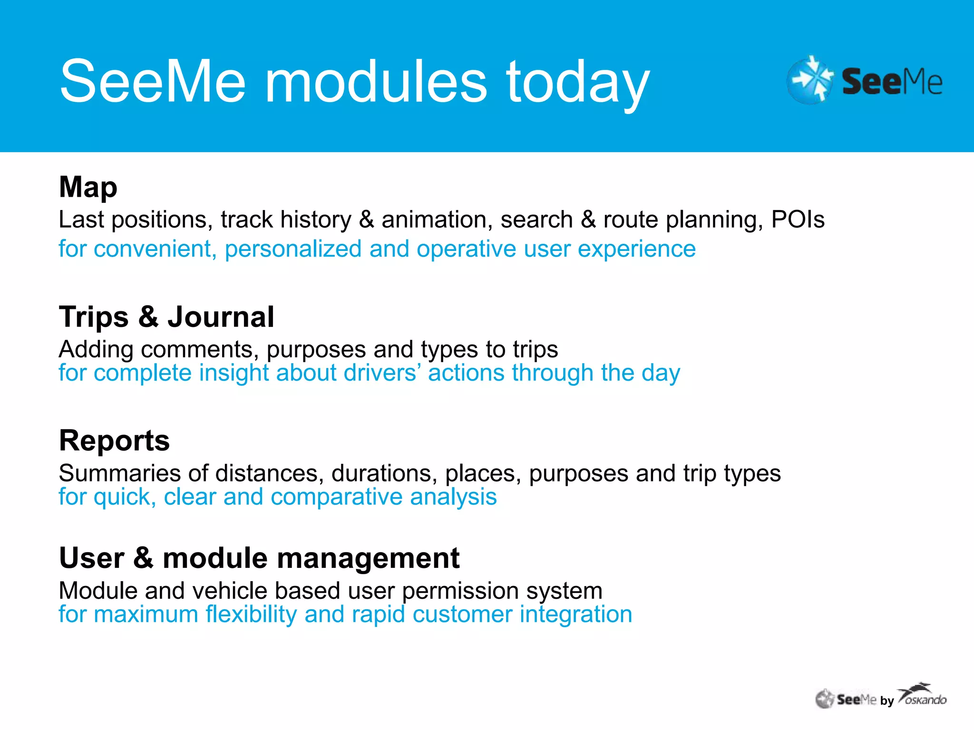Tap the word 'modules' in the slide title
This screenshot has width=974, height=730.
tap(376, 82)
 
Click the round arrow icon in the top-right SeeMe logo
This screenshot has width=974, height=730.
tap(810, 80)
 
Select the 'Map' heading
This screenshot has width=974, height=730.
tap(88, 187)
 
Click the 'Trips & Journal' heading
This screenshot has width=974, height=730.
tap(166, 317)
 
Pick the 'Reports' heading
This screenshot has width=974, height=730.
tap(114, 441)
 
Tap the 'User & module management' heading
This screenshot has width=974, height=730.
tap(259, 558)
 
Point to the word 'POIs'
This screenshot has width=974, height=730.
tap(798, 220)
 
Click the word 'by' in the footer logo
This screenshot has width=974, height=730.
tap(887, 701)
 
